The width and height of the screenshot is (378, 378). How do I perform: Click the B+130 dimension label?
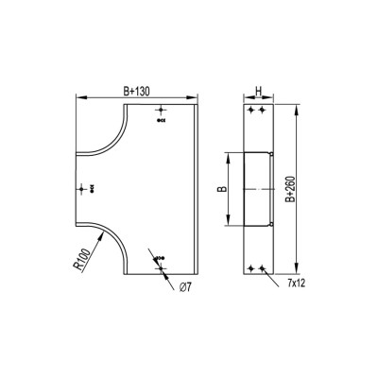[136, 92]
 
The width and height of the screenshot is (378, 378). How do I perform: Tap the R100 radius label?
[82, 260]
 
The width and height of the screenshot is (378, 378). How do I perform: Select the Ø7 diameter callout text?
[185, 287]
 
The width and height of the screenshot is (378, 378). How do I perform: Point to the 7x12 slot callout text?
[296, 283]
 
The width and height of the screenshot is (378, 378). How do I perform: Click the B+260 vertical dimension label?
[290, 189]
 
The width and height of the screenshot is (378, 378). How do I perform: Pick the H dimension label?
[258, 92]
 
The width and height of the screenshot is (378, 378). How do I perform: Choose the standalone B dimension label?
[223, 189]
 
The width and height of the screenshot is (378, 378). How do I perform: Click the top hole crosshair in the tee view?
[161, 110]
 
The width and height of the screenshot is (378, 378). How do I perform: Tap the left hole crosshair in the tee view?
[81, 189]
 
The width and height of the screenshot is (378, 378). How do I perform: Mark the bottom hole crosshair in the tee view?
[161, 268]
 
